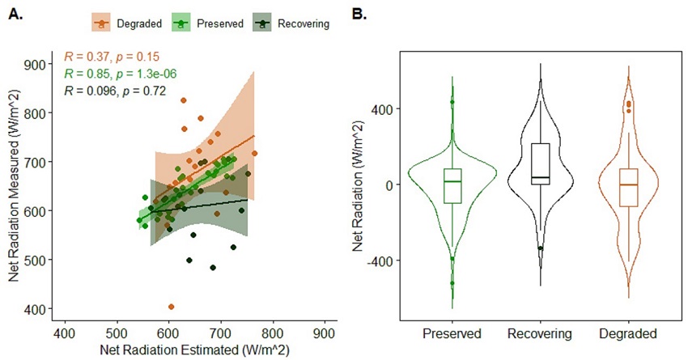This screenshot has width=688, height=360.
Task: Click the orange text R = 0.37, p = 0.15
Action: pos(112,57)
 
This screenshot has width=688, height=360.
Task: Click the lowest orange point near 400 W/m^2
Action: pos(172,307)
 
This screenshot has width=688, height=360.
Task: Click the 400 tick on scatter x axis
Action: pos(64,332)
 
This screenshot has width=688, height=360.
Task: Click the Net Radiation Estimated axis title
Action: pos(194,349)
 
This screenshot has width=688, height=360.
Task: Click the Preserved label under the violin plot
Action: pos(452,333)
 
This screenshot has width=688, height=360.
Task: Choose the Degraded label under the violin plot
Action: pos(628,333)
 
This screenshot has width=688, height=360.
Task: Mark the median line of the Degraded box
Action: pos(628,184)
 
